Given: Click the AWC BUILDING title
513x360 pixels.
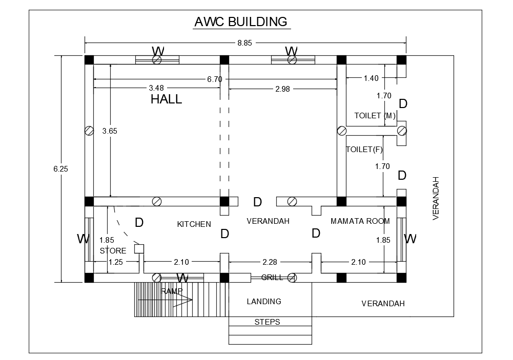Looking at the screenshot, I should pos(240,22).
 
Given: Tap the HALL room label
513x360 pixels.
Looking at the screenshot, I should pos(166,99).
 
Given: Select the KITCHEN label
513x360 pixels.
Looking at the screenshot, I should pos(194,224).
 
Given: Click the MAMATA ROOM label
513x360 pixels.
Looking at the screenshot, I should pos(360,221).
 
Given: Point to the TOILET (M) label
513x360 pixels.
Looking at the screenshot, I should pos(375,116).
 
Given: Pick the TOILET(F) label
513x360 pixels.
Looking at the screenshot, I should pos(364,150).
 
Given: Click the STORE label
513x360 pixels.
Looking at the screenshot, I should pos(113,251).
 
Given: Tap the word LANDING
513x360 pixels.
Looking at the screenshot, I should pos(264,302).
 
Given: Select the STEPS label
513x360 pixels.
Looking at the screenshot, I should pos(267,322).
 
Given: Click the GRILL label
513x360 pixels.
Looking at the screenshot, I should pos(272,278).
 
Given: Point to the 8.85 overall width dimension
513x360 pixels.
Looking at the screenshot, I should pos(244,43).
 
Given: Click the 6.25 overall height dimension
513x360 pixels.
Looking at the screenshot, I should pos(60,168).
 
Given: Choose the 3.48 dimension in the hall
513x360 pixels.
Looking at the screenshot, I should pos(157,88).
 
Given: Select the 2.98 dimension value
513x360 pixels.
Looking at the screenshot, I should pos(282,89).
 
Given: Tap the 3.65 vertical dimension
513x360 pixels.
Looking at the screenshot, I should pos(110,131).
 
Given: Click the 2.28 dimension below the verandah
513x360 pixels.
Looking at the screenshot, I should pos(270,262).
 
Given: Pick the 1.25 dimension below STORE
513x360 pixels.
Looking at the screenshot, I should pos(115,262).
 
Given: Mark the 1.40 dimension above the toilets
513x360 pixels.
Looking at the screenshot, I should pos(371,78).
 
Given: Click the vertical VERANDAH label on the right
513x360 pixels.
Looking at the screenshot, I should pos(436,198).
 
